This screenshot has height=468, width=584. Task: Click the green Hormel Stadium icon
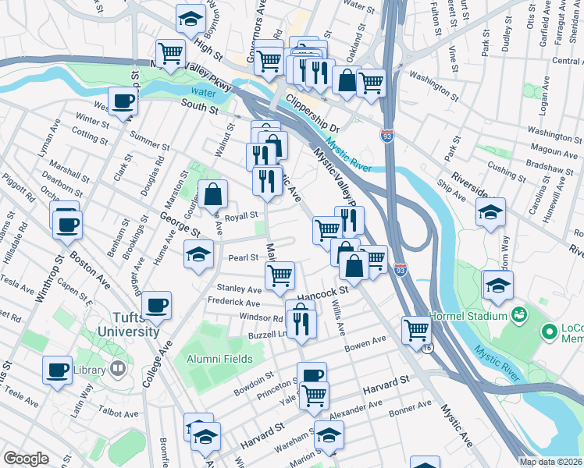click(518, 314)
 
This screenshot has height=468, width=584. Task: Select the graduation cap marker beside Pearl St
click(198, 253)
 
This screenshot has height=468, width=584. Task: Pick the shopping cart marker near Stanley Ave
click(280, 274)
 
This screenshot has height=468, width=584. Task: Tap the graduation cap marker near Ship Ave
click(490, 211)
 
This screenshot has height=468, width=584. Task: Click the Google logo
click(26, 459)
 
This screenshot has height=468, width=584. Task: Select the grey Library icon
click(119, 367)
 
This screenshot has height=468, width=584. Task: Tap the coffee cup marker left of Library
click(57, 370)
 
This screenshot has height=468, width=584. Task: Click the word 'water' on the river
click(201, 91)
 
